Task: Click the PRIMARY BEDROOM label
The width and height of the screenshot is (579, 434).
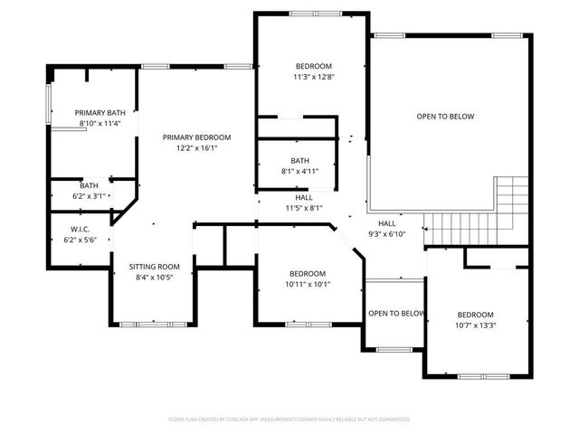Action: point(196,137)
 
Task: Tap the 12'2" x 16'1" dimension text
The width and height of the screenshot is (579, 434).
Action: point(196,149)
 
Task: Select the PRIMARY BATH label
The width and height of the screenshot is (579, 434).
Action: point(100,112)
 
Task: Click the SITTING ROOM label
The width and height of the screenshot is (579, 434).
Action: point(154,267)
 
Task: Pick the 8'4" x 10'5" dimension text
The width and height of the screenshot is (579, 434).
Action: point(154,278)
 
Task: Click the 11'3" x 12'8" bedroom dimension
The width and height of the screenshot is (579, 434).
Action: point(314,77)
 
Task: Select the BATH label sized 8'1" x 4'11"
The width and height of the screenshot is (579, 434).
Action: point(299,160)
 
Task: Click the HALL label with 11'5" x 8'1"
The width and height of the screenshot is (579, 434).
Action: point(305,197)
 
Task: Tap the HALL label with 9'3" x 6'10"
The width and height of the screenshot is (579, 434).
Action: point(387,222)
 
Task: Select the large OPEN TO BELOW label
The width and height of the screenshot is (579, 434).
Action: point(445,116)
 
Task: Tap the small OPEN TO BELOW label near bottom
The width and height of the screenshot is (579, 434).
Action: point(396,314)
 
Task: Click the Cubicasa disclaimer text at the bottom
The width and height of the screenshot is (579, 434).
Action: point(289,420)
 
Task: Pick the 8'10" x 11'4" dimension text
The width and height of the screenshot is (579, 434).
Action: point(100,123)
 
